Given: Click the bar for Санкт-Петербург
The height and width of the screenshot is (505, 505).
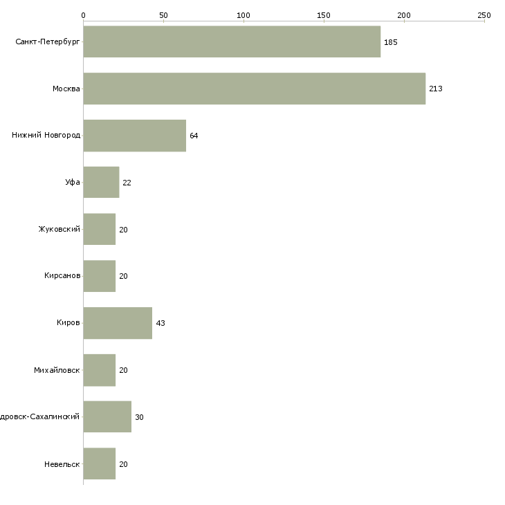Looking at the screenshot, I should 232,42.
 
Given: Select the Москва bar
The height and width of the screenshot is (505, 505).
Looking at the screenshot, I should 254,89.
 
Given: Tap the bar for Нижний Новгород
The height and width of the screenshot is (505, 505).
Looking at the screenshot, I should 134,136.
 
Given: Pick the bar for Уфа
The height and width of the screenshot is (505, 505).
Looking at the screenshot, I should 101,183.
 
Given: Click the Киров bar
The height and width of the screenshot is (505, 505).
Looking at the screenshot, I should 118,323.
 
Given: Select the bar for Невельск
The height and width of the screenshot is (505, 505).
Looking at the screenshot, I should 99,464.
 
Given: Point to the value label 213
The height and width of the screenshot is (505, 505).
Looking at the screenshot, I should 435,89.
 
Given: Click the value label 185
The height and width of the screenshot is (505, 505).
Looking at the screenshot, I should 390,42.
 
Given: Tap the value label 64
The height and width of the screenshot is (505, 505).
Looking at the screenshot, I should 194,136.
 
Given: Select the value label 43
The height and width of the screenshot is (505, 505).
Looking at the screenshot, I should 160,324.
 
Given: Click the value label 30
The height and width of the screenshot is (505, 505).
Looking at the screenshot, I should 139,417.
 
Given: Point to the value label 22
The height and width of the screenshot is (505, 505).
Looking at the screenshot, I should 127,183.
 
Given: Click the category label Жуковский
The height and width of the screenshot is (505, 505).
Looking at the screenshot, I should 59,229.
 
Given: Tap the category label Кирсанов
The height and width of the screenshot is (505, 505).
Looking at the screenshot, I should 62,276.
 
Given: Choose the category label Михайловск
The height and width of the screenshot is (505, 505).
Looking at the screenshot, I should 57,370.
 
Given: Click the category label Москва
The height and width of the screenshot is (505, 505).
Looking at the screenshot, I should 66,89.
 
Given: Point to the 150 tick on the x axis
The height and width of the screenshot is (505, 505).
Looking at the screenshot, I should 324,15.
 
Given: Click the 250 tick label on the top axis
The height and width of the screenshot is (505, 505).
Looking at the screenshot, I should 484,15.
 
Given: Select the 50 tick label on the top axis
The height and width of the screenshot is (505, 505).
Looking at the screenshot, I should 163,15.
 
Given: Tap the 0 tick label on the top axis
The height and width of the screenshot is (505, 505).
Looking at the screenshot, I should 83,15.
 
